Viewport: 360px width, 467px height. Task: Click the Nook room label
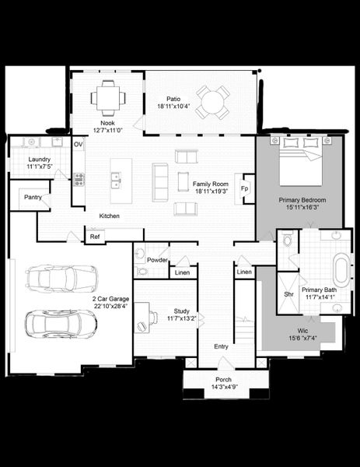point(107,122)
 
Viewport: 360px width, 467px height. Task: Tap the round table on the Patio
point(211,101)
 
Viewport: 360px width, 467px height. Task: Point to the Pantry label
point(33,197)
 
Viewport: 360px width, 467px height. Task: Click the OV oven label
point(79,145)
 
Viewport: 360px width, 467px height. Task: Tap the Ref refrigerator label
point(95,236)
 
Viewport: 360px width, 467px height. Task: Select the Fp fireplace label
point(244,189)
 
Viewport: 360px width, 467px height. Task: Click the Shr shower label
point(288,293)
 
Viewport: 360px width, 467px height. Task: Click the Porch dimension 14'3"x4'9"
point(224,386)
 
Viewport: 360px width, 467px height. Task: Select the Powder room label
point(158,260)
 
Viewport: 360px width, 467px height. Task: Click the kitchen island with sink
point(121,181)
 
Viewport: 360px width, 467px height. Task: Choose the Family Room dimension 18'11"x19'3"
point(209,191)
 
